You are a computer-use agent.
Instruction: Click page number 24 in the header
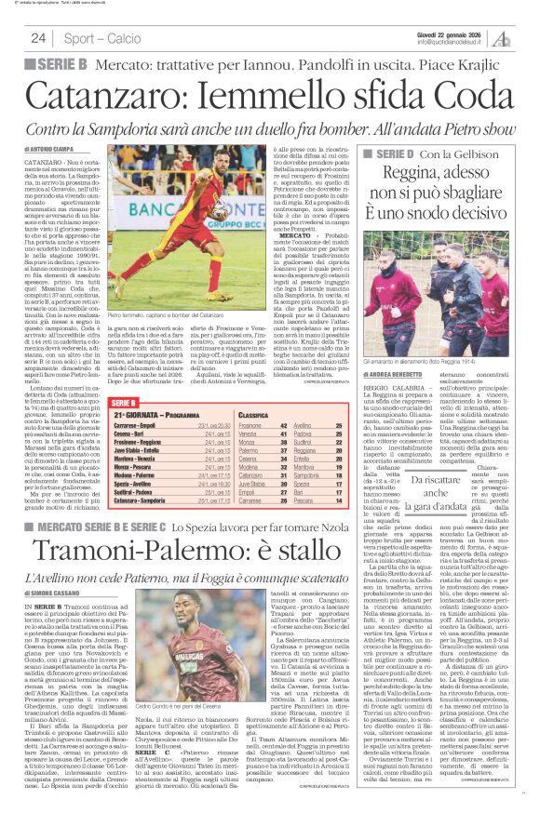coord(38,38)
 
